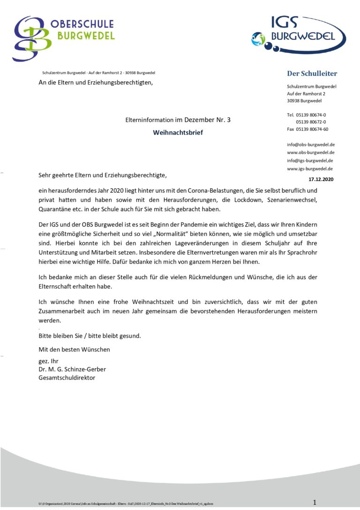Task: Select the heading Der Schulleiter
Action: click(x=312, y=73)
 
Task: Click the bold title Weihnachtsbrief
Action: click(x=178, y=133)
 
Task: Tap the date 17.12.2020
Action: click(x=321, y=179)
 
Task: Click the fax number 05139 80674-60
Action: click(x=307, y=129)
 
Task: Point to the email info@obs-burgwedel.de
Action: click(x=310, y=145)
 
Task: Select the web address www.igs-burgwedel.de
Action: click(x=310, y=168)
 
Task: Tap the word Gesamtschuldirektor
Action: click(x=67, y=377)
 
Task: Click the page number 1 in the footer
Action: click(x=315, y=502)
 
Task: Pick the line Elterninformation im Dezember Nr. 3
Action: click(x=178, y=120)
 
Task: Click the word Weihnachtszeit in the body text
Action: click(x=152, y=302)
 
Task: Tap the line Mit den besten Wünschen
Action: click(x=74, y=349)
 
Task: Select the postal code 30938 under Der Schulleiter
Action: click(x=295, y=101)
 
